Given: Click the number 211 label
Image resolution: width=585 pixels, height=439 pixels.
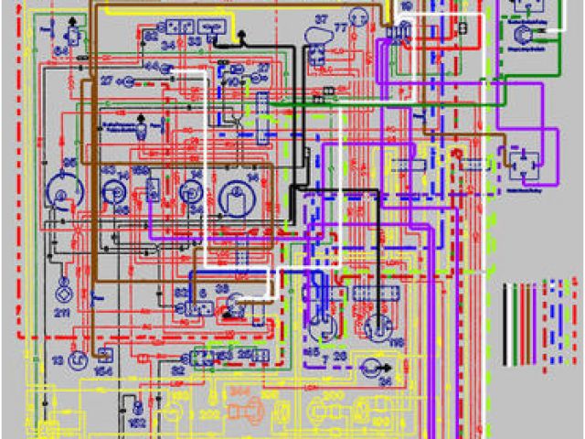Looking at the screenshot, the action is click(61, 314).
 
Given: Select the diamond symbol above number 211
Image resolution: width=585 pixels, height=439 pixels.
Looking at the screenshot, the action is click(63, 294).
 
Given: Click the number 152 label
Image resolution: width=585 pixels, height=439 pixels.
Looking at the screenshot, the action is click(138, 424).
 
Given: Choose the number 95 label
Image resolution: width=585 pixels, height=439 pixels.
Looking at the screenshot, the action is click(67, 163).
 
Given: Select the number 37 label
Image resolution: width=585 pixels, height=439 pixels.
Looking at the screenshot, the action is click(321, 18).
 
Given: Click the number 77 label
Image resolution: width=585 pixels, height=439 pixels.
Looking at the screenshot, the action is click(341, 27).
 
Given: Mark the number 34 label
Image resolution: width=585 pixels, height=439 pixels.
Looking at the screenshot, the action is click(168, 44).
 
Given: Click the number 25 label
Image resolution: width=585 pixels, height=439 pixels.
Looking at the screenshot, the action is click(244, 352).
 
